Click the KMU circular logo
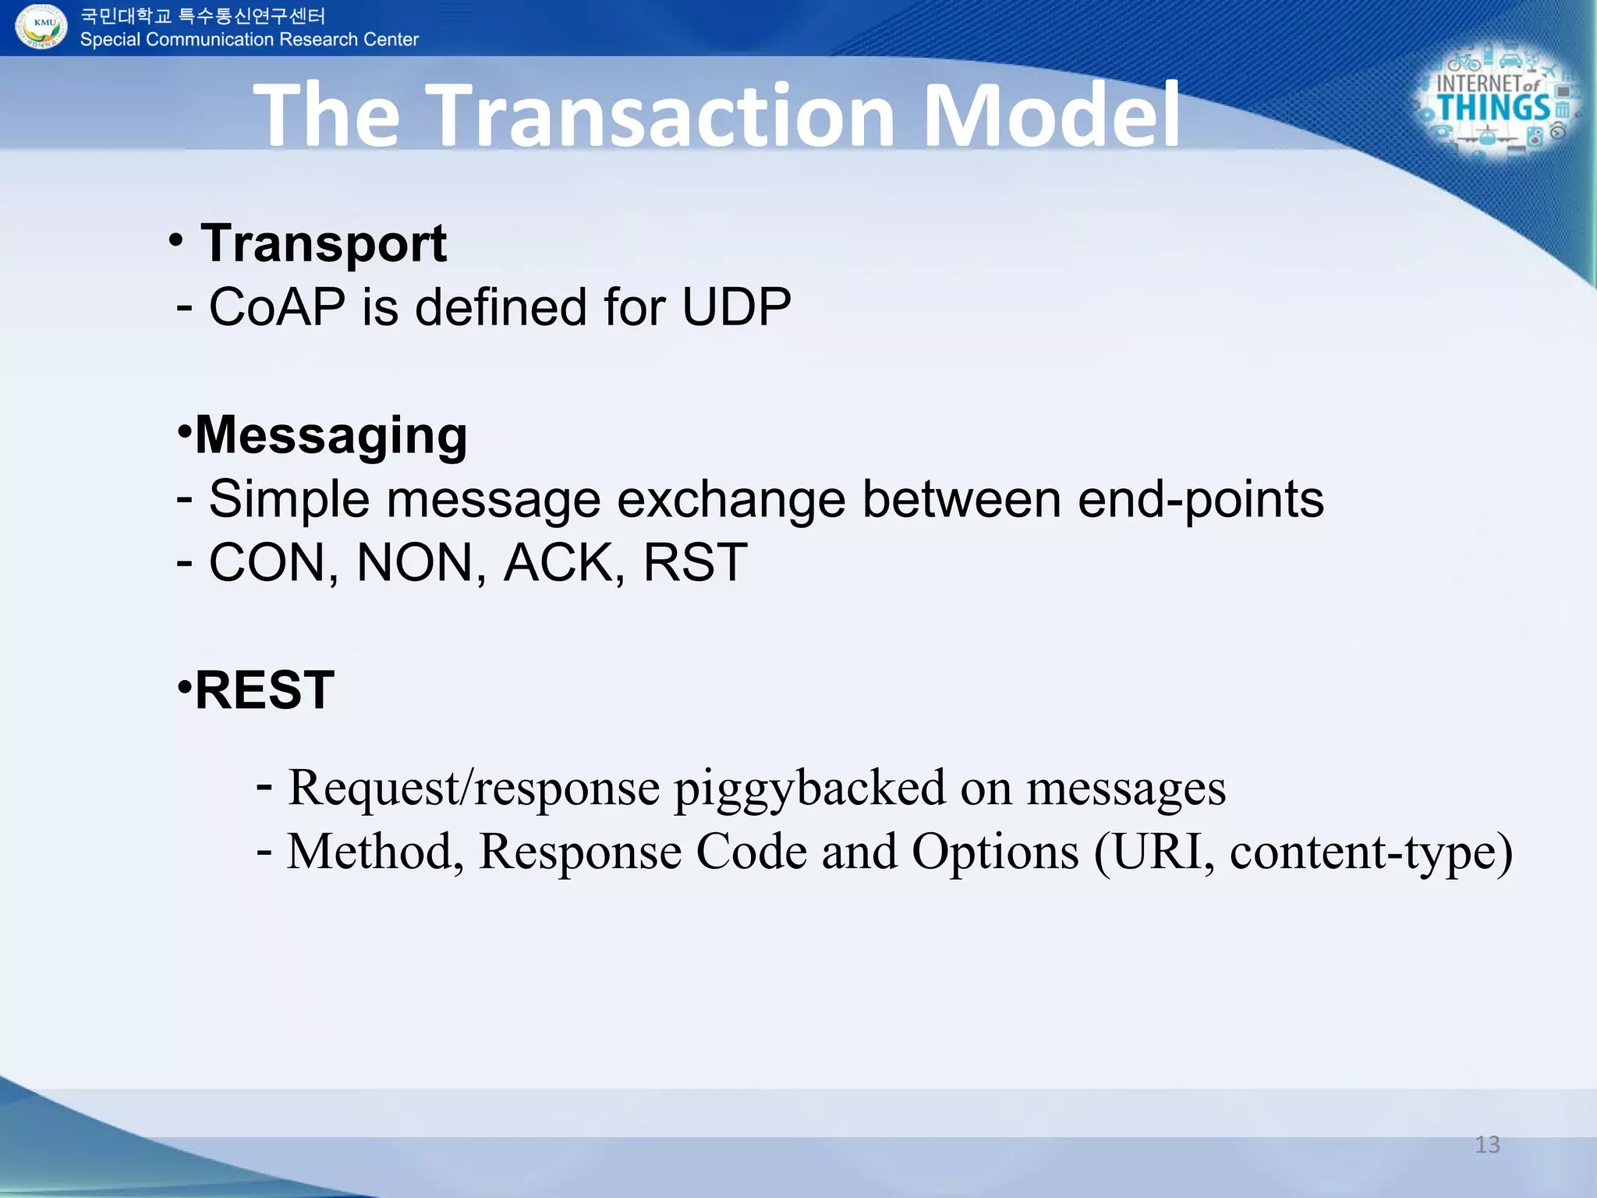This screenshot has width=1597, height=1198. tap(42, 27)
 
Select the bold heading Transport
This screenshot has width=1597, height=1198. tap(323, 244)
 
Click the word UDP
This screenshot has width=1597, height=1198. tap(736, 307)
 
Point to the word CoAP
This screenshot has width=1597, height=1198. tap(277, 307)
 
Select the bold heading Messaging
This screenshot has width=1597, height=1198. tap(331, 435)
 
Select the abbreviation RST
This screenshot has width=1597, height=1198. tap(695, 562)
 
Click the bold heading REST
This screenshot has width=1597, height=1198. tap(264, 690)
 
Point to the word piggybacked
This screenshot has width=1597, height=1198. tap(809, 789)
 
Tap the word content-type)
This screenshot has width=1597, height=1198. tap(1371, 852)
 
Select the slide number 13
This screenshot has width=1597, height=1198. tap(1487, 1144)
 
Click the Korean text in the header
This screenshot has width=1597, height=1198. tap(203, 16)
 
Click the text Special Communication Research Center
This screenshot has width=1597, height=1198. tap(250, 40)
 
